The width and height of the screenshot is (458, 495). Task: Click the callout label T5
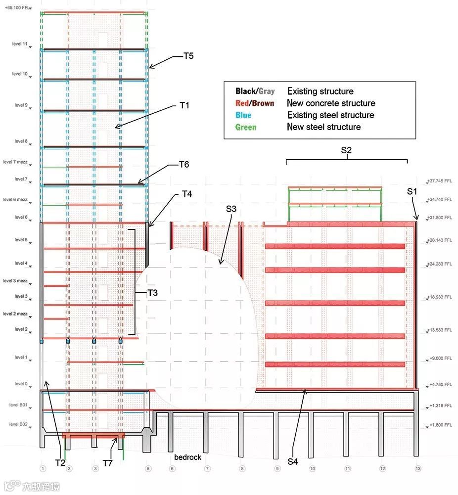(x=188, y=56)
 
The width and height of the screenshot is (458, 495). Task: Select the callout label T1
(x=184, y=105)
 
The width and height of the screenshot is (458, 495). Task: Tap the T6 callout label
(x=184, y=165)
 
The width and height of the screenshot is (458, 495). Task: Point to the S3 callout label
(x=231, y=209)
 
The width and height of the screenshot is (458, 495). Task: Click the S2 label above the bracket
(x=346, y=149)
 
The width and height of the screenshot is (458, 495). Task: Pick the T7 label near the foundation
(x=108, y=463)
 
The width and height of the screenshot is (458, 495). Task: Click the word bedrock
(x=187, y=457)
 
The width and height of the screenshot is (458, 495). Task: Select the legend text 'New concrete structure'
(x=331, y=103)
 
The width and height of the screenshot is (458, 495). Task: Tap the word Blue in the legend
(x=245, y=115)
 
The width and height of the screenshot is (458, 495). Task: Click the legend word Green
(x=246, y=127)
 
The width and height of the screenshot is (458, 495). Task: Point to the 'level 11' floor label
(x=20, y=44)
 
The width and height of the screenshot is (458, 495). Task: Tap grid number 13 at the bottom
(x=418, y=468)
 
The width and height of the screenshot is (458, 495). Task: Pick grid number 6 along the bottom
(x=172, y=468)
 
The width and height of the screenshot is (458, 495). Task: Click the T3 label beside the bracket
(x=152, y=293)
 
